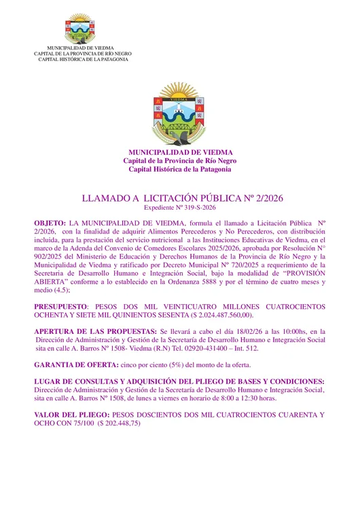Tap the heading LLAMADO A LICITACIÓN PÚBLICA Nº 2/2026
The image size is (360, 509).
[181, 199]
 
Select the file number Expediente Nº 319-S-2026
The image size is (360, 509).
[181, 209]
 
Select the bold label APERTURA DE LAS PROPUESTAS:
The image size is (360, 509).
[94, 331]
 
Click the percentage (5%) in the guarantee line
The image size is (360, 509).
[166, 364]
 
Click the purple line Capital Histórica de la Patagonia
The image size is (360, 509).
[180, 169]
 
